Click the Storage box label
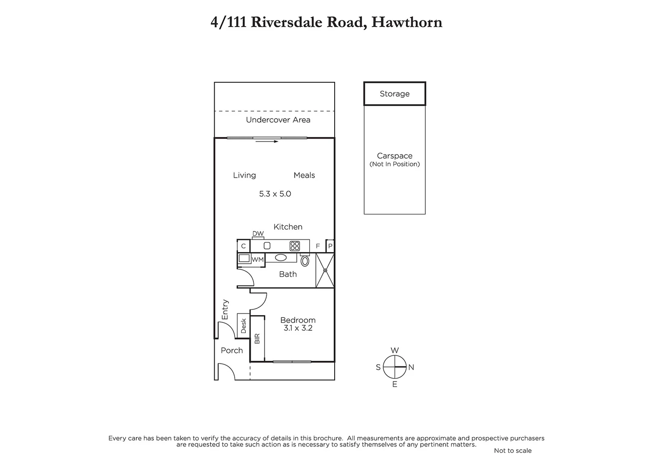coord(394,94)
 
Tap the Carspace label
coord(394,156)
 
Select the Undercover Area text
coord(278,120)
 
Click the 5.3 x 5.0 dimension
coord(275,194)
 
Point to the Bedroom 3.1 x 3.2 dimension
coord(298,328)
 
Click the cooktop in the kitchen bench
coord(294,246)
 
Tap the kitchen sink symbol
coord(267,246)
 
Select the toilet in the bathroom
coord(305,260)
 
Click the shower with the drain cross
coord(325,270)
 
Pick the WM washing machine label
coord(258,260)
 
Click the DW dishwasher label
coord(258,233)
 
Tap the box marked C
coord(244,246)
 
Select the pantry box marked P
coord(330,246)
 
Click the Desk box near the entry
coord(244,326)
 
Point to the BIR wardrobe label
coord(257,338)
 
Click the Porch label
coord(232,350)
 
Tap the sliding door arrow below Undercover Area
coord(267,141)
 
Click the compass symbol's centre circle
coord(394,367)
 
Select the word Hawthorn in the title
coord(406,22)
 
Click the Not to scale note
coord(512,451)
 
